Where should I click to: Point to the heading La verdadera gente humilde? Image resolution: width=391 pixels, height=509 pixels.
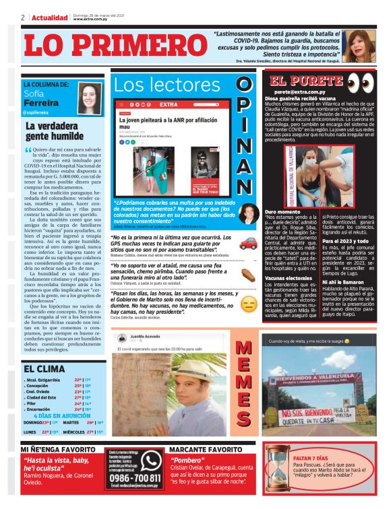(x=52, y=129)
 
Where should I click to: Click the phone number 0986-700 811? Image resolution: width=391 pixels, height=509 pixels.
(x=133, y=478)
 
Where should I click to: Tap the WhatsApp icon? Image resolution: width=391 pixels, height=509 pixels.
(x=152, y=460)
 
